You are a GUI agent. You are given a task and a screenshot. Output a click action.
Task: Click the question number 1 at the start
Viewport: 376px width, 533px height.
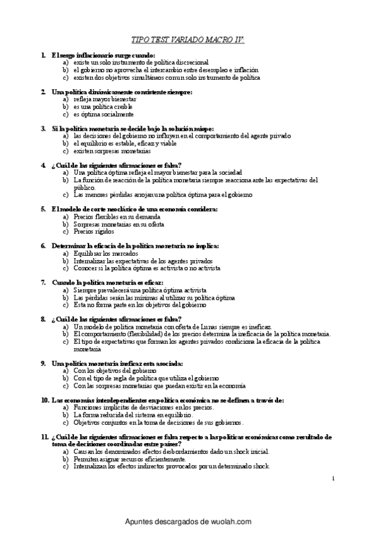tap(42, 55)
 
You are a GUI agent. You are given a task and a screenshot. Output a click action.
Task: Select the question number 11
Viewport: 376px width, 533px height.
tap(44, 436)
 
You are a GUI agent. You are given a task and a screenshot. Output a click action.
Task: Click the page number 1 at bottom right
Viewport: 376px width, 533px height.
tap(334, 479)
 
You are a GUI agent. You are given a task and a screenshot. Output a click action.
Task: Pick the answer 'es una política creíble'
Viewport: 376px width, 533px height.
tap(103, 107)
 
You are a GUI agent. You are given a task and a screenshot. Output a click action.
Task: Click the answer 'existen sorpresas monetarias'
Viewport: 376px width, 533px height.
tap(112, 151)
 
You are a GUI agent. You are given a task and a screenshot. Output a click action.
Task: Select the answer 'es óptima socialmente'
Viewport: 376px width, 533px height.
tap(103, 114)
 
